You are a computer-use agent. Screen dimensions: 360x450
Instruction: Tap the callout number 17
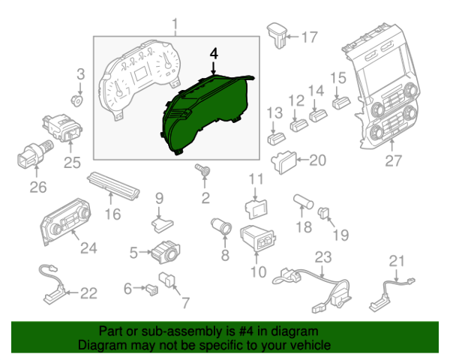pos(309,36)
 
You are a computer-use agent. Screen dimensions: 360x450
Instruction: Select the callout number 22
pos(88,293)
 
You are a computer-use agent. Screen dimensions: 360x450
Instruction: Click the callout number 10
pos(257,271)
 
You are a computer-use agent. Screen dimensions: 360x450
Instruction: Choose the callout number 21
pos(396,260)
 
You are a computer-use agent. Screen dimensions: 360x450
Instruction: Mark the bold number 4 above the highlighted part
pos(215,54)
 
